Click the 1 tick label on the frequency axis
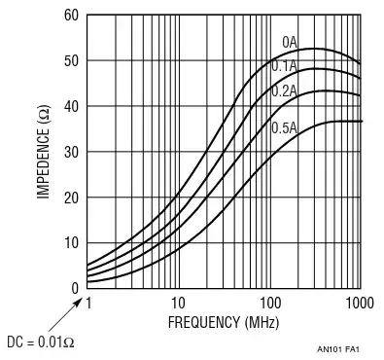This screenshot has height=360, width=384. click(87, 303)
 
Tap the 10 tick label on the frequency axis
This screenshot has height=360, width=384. click(178, 303)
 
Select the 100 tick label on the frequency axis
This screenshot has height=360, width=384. click(269, 303)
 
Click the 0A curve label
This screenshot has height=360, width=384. click(290, 43)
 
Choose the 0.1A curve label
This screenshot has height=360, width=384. click(284, 66)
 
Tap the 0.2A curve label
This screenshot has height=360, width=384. click(284, 90)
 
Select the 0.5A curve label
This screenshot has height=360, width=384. click(284, 127)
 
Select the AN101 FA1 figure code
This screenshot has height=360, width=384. click(339, 348)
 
